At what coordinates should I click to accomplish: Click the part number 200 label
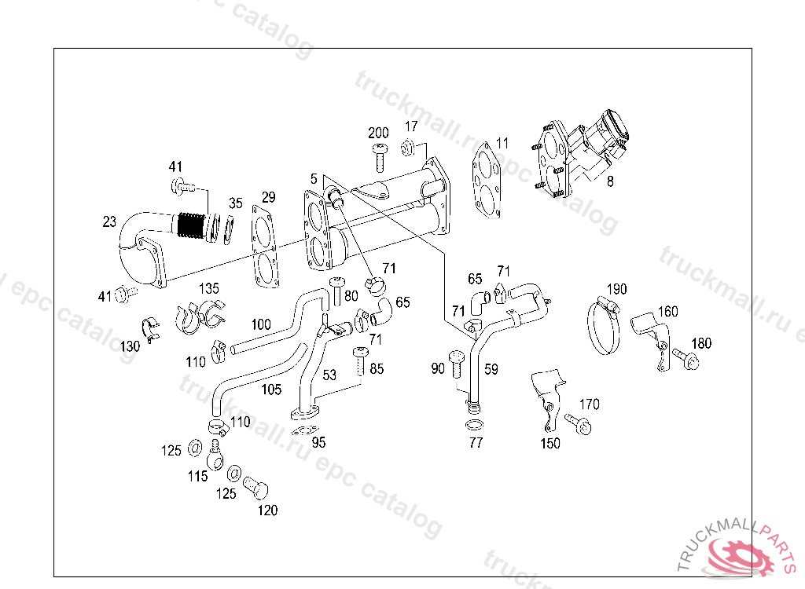point(378,132)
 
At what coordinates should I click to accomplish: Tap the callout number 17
point(412,126)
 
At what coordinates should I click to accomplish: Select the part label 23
point(109,222)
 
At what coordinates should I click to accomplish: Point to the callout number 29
point(268,196)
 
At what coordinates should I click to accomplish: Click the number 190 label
point(616,290)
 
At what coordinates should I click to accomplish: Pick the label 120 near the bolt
point(267,510)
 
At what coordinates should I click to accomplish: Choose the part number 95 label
point(318,442)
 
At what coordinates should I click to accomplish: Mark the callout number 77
point(476,443)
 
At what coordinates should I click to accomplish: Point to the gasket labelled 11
point(487,182)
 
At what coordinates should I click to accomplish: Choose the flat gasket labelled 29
point(266,244)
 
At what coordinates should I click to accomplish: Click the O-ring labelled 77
point(475,426)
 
